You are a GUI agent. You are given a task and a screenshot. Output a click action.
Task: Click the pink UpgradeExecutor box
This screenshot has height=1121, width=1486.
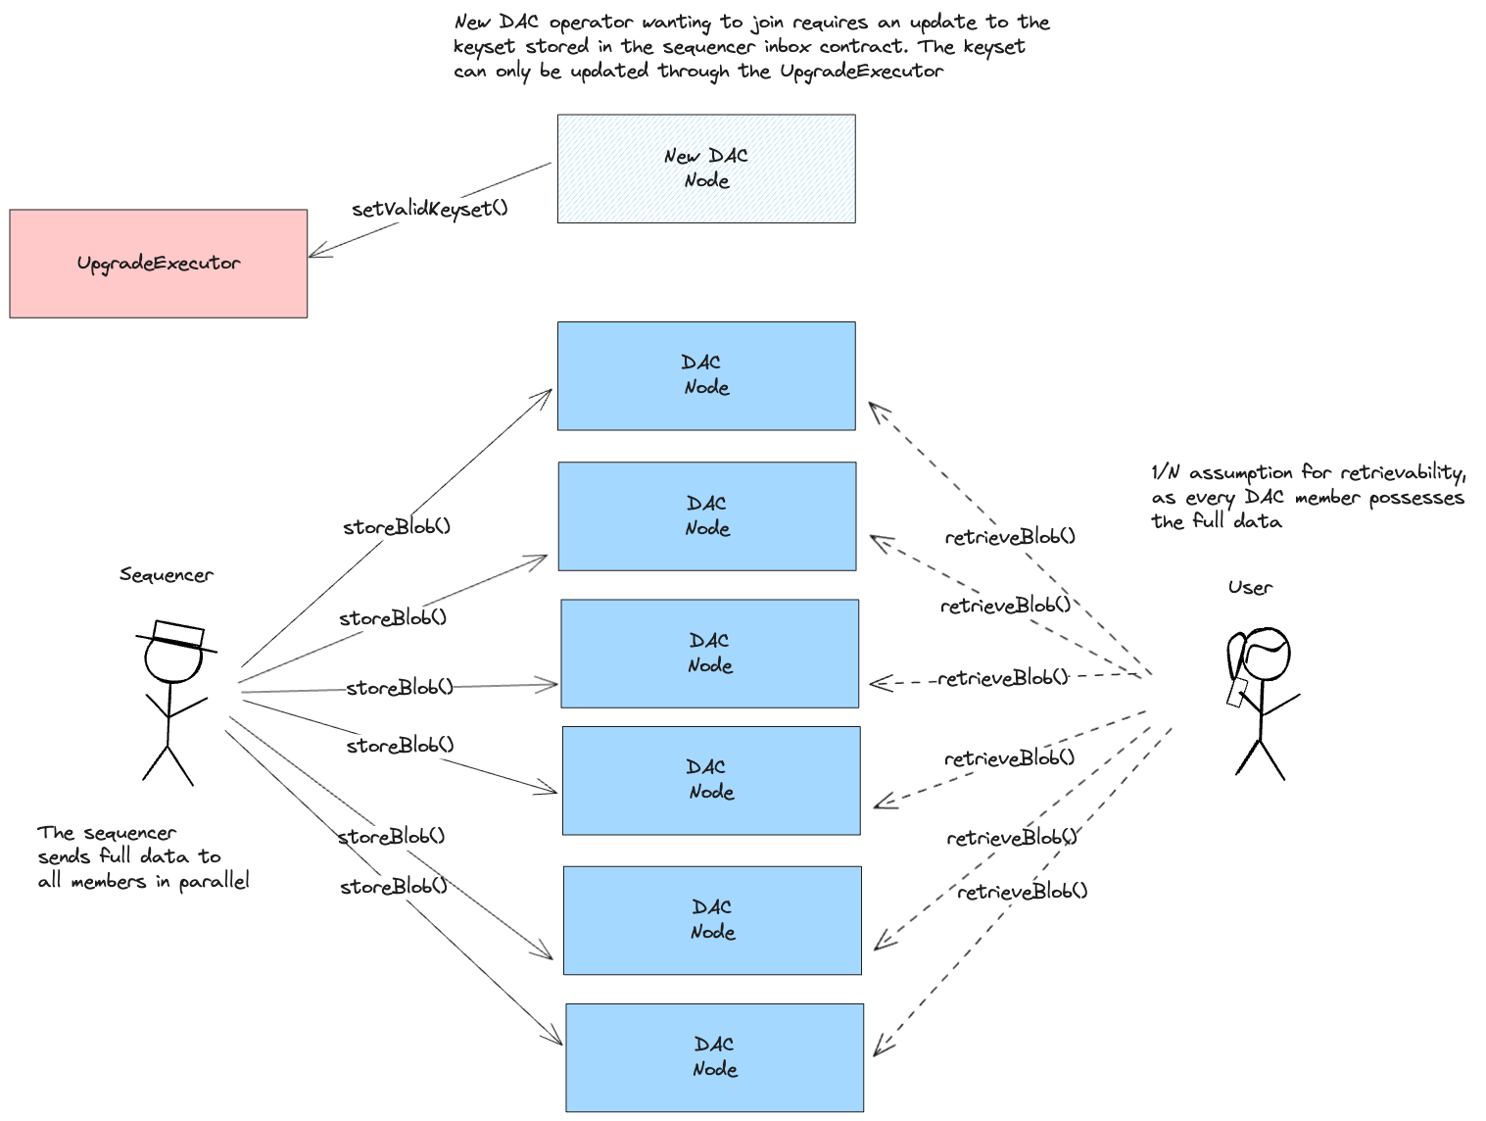[x=158, y=263]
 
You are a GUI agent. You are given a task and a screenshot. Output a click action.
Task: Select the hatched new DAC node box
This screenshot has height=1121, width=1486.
[x=706, y=169]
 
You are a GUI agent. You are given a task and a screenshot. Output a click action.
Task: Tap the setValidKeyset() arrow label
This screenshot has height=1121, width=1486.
[x=429, y=209]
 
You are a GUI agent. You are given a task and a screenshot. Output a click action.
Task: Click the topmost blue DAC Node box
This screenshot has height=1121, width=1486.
[x=706, y=375]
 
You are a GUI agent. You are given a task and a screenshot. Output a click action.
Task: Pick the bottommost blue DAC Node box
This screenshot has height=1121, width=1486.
[x=714, y=1057]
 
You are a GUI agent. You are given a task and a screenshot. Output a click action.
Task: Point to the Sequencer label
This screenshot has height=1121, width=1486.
[x=166, y=575]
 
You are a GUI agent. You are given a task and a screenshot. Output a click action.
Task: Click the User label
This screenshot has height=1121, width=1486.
[x=1250, y=588]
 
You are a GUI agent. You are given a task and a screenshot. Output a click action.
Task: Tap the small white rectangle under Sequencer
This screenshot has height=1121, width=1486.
[x=178, y=634]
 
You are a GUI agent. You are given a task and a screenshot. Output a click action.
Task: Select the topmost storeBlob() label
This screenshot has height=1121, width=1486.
[x=397, y=527]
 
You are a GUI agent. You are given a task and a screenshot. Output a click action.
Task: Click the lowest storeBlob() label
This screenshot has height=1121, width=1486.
[x=394, y=887]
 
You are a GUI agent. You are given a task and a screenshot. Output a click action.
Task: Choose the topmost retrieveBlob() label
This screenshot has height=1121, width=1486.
[x=1010, y=537]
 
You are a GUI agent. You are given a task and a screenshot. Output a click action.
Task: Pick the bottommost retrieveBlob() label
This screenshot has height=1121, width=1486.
[x=1022, y=892]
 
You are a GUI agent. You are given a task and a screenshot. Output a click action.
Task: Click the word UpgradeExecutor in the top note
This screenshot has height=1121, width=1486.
[x=861, y=72]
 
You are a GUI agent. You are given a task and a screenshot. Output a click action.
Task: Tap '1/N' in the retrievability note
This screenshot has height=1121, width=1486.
[x=1166, y=473]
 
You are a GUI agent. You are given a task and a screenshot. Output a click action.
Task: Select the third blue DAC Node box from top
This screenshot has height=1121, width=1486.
[x=709, y=653]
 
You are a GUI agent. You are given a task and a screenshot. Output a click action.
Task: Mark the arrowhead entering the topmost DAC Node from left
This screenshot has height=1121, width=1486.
[x=549, y=391]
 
